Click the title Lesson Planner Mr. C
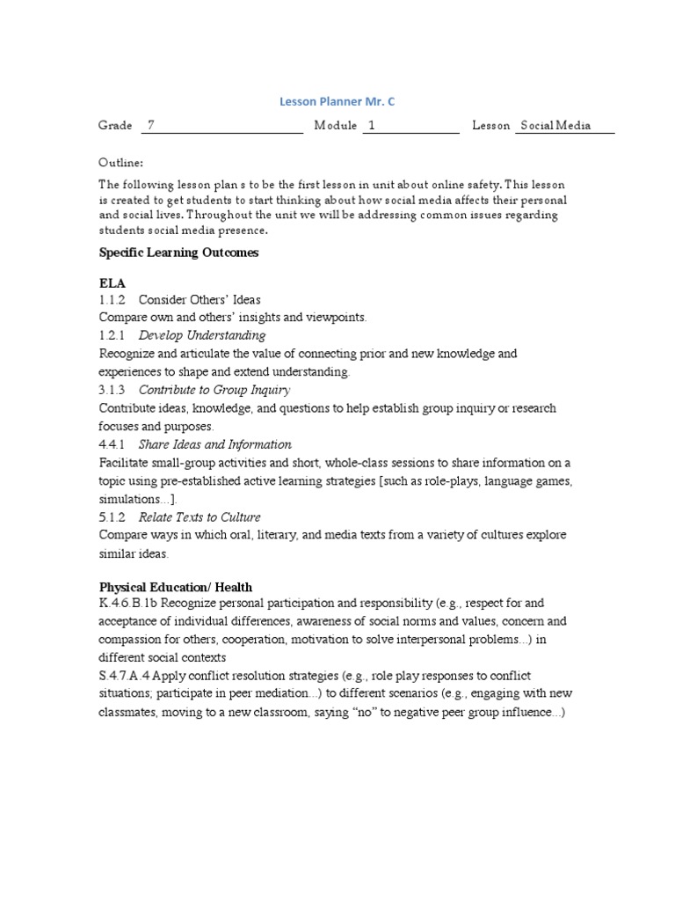tap(337, 102)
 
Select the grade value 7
tap(151, 126)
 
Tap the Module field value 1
tap(372, 126)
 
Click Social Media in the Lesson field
tap(555, 126)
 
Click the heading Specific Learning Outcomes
tap(178, 253)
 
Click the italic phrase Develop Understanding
tap(202, 335)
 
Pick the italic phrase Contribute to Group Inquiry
tap(214, 390)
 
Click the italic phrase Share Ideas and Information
tap(215, 444)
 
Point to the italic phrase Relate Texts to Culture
tap(200, 517)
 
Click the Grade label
tap(115, 126)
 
